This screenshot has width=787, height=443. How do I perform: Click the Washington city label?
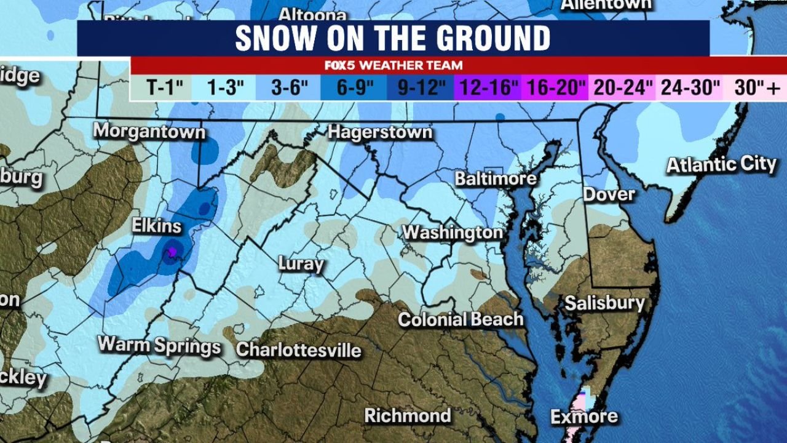[x=453, y=233]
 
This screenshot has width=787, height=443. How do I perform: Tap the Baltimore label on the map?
[x=496, y=179]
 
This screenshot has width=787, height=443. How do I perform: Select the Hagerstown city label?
[x=380, y=132]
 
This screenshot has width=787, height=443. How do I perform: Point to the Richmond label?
[x=407, y=415]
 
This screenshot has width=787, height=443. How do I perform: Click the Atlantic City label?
[x=721, y=165]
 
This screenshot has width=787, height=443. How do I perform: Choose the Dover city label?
[x=609, y=194]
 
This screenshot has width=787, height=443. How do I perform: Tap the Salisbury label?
[x=604, y=303]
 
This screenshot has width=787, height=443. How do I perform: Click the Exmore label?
[x=584, y=417]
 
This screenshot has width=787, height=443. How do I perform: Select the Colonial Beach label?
[x=461, y=319]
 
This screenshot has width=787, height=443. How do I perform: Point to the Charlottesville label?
[x=299, y=349]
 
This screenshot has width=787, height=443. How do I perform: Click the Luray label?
[x=301, y=264]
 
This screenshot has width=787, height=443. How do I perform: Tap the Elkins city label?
[x=157, y=226]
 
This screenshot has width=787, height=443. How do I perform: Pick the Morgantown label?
[x=149, y=131]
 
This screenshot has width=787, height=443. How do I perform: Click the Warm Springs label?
[x=159, y=345]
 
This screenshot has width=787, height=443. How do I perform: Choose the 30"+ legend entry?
[x=757, y=88]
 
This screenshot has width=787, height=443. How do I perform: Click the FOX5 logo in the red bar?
[x=342, y=65]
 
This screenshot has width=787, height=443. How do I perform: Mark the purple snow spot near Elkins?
[x=173, y=251]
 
